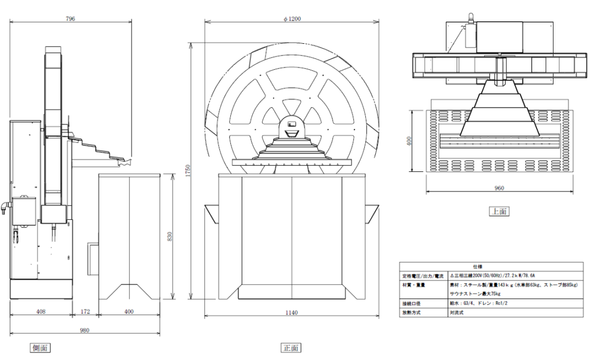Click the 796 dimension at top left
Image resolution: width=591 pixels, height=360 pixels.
70,18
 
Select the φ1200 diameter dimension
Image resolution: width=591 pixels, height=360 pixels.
292,18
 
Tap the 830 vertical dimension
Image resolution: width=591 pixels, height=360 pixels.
170,236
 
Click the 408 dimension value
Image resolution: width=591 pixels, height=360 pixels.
41,312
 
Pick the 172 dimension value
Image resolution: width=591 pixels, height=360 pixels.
85,312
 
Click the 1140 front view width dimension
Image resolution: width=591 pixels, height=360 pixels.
291,313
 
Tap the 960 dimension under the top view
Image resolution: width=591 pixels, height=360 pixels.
499,188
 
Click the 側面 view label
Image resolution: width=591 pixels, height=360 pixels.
41,347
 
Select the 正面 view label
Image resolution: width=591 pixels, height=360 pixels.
291,347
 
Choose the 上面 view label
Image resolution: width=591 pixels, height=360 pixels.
499,211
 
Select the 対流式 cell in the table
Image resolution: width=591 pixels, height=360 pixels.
458,312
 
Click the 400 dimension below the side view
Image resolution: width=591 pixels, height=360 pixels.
129,312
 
